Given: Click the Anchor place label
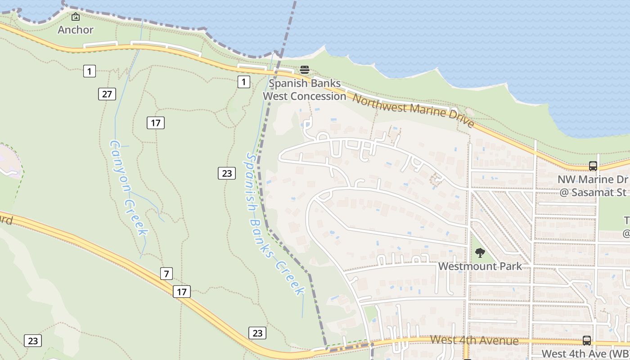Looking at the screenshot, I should pos(76,30).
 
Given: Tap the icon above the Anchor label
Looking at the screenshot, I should pos(76,17).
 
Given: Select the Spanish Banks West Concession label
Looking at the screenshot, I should pos(304,90).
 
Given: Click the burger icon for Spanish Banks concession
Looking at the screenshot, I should pos(305,70).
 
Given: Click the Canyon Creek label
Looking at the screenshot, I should pos(129,188).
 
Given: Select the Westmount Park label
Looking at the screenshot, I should pos(480,266).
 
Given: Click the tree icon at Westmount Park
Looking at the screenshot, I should pos(480,252).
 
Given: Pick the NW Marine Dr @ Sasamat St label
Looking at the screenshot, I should pos(593,186).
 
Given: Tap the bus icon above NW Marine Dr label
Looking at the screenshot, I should pos(593,166).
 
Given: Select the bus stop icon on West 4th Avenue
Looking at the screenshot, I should pos(587,340).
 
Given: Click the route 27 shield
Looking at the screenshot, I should pos(107,94).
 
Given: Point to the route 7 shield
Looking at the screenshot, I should pos(166,273).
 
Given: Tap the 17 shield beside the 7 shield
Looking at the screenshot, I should pos(181,292).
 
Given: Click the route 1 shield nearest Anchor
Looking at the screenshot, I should pos(90,71).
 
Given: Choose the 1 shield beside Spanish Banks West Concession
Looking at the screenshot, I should pos(243,81).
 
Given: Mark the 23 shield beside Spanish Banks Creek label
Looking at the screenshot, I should pos(227,173).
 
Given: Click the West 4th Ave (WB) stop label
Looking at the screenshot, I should pos(585,354).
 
